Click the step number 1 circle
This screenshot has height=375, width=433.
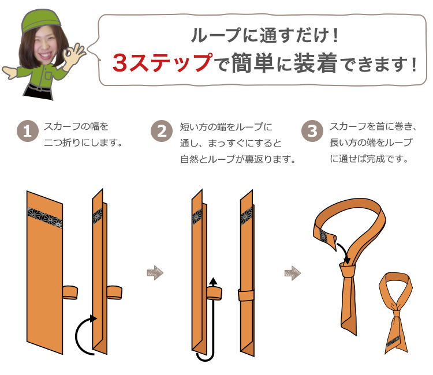(x=27, y=131)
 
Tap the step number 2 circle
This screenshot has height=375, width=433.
(x=162, y=131)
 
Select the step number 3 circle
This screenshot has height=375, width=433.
(x=312, y=131)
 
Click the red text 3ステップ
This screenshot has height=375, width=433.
(x=163, y=63)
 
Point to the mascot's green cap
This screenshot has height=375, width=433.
(x=41, y=20)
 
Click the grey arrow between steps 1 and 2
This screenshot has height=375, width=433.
(x=155, y=273)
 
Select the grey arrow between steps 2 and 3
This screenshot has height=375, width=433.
(x=293, y=273)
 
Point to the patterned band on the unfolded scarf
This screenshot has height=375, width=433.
(x=44, y=217)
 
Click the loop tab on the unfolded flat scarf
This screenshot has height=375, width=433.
(x=70, y=292)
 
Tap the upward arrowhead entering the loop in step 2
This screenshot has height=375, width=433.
(x=213, y=281)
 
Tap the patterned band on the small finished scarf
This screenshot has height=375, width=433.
(x=393, y=342)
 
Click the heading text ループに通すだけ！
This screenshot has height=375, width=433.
(x=265, y=35)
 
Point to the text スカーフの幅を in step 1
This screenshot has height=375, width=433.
(x=76, y=127)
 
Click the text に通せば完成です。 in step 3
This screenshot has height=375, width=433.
(x=369, y=159)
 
